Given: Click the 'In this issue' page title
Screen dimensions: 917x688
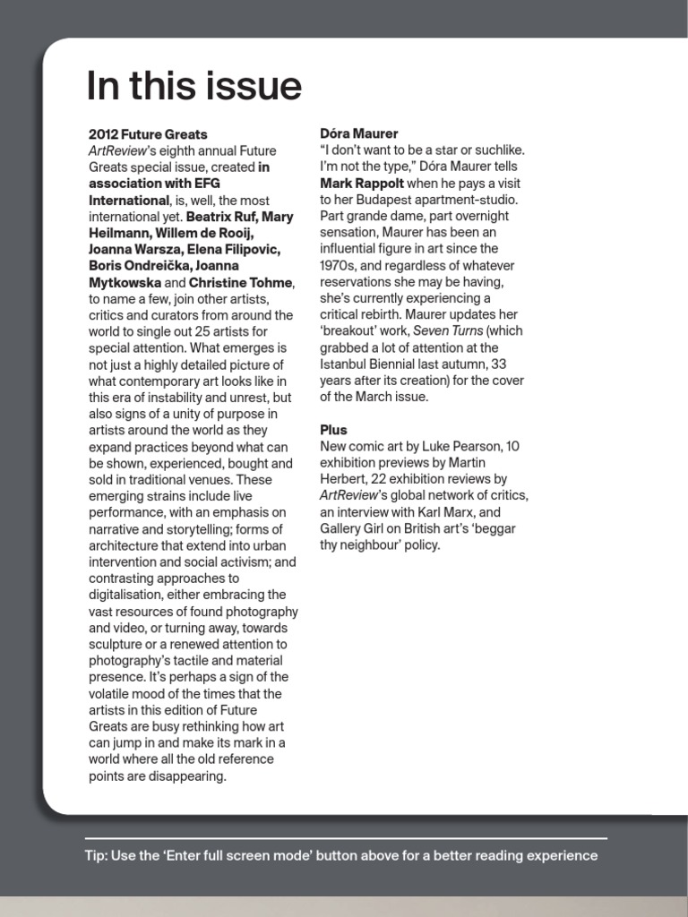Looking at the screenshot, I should point(193,87).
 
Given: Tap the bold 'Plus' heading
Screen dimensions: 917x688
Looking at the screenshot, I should point(333,430).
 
